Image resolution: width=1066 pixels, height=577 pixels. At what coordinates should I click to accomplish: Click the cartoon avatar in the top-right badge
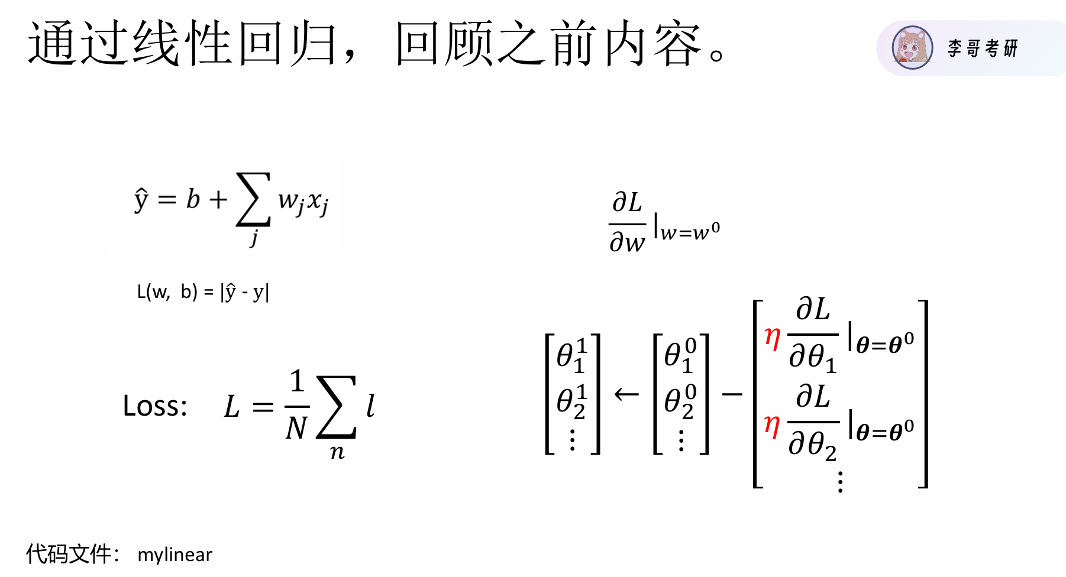click(912, 48)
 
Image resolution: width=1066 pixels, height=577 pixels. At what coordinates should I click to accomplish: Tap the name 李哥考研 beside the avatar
click(983, 48)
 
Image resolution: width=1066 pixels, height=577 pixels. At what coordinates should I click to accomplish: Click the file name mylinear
click(175, 555)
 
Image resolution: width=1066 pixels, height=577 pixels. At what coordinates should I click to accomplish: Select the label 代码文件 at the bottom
click(69, 554)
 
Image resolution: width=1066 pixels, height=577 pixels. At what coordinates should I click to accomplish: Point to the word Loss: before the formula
click(155, 406)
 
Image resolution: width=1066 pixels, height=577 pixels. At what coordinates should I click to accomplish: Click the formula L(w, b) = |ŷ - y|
click(203, 291)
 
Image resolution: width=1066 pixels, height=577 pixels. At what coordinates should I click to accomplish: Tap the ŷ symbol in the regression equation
click(141, 199)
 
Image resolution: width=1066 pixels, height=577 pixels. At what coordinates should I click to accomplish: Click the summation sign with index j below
click(253, 200)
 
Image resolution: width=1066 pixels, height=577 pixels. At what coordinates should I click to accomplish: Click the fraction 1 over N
click(297, 406)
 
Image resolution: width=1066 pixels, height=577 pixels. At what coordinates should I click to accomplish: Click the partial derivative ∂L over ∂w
click(627, 223)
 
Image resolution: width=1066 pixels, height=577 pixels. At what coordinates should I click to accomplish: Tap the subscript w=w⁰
click(690, 231)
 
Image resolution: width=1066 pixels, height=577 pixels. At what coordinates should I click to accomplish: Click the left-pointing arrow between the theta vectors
click(626, 394)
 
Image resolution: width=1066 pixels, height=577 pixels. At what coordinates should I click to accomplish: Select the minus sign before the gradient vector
click(732, 394)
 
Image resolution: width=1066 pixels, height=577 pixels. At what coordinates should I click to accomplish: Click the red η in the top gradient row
click(772, 338)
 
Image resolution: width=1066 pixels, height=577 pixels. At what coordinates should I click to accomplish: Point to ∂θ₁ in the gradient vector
click(813, 357)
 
